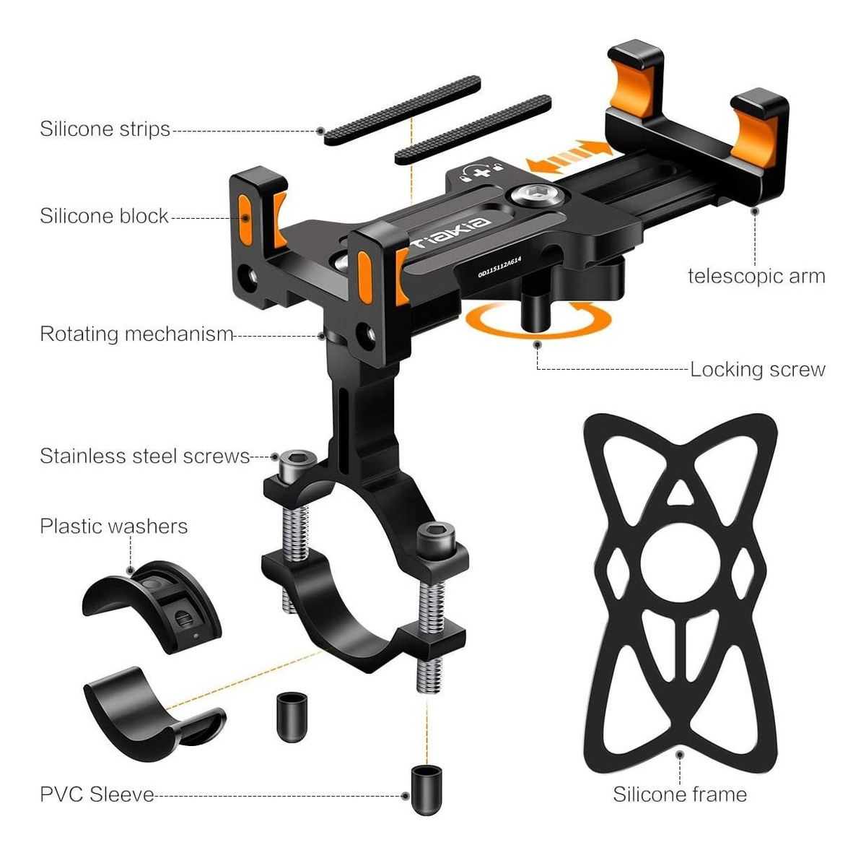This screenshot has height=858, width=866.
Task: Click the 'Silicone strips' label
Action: click(105, 129)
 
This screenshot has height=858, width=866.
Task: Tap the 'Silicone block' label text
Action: click(104, 216)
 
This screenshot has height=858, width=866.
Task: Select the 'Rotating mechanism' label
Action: click(136, 334)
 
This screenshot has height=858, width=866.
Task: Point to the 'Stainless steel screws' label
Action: click(145, 456)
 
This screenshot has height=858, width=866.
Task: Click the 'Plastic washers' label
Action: click(114, 526)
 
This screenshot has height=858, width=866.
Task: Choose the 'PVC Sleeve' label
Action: click(97, 794)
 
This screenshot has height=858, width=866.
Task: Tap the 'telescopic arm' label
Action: click(756, 277)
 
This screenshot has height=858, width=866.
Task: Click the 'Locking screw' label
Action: click(758, 370)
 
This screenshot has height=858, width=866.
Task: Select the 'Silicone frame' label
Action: click(680, 794)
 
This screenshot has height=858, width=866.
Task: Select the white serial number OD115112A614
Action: click(499, 267)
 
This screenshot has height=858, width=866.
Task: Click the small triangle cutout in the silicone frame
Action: click(680, 493)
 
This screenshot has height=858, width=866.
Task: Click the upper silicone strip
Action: click(402, 110)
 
